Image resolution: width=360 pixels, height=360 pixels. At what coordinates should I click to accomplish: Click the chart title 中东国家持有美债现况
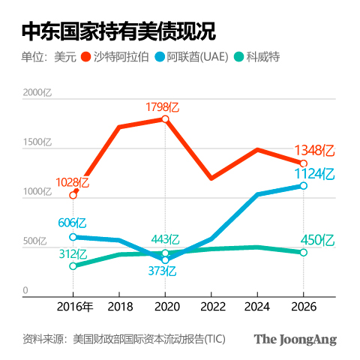118,31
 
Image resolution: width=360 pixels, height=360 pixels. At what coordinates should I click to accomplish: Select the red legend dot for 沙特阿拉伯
85,57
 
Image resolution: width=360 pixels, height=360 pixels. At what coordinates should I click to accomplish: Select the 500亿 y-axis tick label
35,241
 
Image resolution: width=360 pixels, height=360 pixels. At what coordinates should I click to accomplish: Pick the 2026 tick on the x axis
303,307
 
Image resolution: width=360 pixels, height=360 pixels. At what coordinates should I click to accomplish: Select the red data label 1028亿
73,182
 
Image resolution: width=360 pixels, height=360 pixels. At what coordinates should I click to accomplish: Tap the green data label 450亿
317,240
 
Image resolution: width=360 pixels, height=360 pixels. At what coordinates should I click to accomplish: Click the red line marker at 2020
165,119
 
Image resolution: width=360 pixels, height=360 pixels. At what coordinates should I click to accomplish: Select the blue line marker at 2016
73,237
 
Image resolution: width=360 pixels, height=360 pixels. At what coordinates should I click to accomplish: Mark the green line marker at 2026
303,253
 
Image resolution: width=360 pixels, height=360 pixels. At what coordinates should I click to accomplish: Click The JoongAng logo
295,339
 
